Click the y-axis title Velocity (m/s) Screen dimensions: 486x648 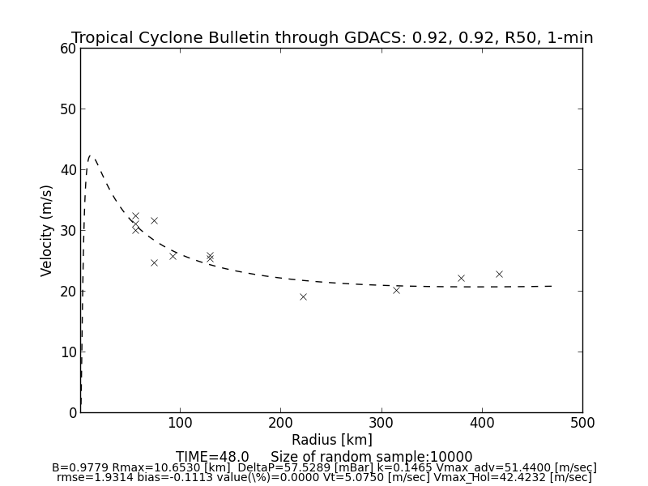[x=47, y=230]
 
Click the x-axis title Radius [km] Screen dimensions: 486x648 [x=331, y=440]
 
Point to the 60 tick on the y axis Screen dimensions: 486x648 [x=69, y=49]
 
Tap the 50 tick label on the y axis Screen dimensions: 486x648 [x=69, y=109]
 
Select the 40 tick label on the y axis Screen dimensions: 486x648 [x=69, y=170]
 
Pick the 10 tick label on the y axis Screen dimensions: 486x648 [x=69, y=352]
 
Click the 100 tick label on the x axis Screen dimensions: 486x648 [x=180, y=423]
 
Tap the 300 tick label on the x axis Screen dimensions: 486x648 [x=381, y=423]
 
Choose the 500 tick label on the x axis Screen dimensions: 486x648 [x=582, y=423]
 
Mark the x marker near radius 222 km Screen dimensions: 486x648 [x=303, y=296]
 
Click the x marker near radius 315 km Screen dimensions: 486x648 [x=396, y=289]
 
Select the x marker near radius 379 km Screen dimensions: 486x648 [x=461, y=278]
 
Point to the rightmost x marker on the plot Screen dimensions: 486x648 [x=499, y=274]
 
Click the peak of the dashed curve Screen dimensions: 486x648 [x=91, y=156]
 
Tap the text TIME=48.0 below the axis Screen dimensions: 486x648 [x=212, y=457]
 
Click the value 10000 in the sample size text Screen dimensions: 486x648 [x=451, y=457]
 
